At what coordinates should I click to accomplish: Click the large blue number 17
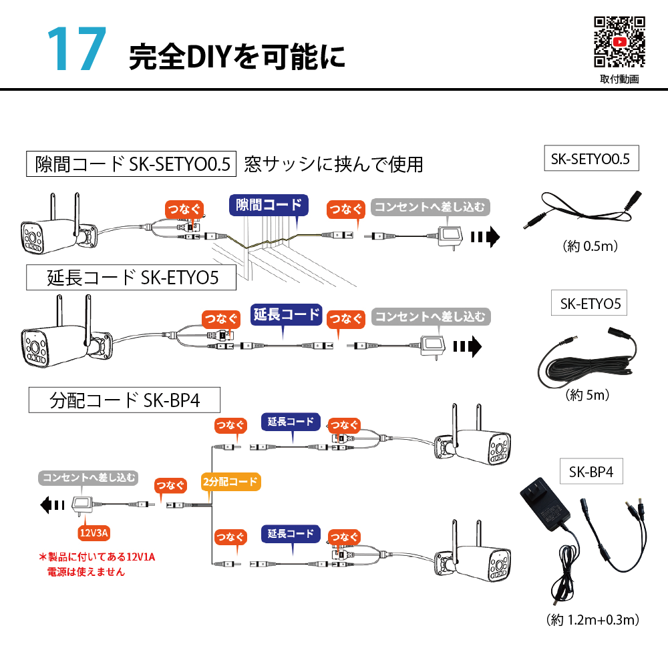click(77, 48)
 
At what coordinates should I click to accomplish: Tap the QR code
click(619, 42)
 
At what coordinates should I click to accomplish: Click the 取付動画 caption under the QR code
click(619, 79)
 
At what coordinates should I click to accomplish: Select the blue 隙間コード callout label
click(269, 205)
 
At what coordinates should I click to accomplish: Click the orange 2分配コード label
click(230, 482)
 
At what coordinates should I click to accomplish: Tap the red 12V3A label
click(94, 533)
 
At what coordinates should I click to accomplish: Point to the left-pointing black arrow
click(52, 505)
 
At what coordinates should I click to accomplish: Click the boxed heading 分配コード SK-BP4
click(124, 400)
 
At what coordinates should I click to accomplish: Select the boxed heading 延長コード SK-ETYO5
click(132, 278)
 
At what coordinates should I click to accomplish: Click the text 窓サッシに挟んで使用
click(333, 164)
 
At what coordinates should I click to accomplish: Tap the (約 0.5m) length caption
click(591, 246)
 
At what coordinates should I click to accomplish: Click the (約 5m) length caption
click(587, 395)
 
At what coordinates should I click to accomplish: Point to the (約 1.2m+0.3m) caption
click(593, 620)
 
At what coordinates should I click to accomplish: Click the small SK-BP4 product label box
click(591, 472)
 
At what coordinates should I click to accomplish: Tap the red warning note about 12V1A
click(97, 564)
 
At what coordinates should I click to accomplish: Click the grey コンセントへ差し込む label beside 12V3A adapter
click(89, 478)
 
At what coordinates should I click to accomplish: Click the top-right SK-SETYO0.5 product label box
click(591, 158)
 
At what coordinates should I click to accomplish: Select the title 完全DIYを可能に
click(237, 57)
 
